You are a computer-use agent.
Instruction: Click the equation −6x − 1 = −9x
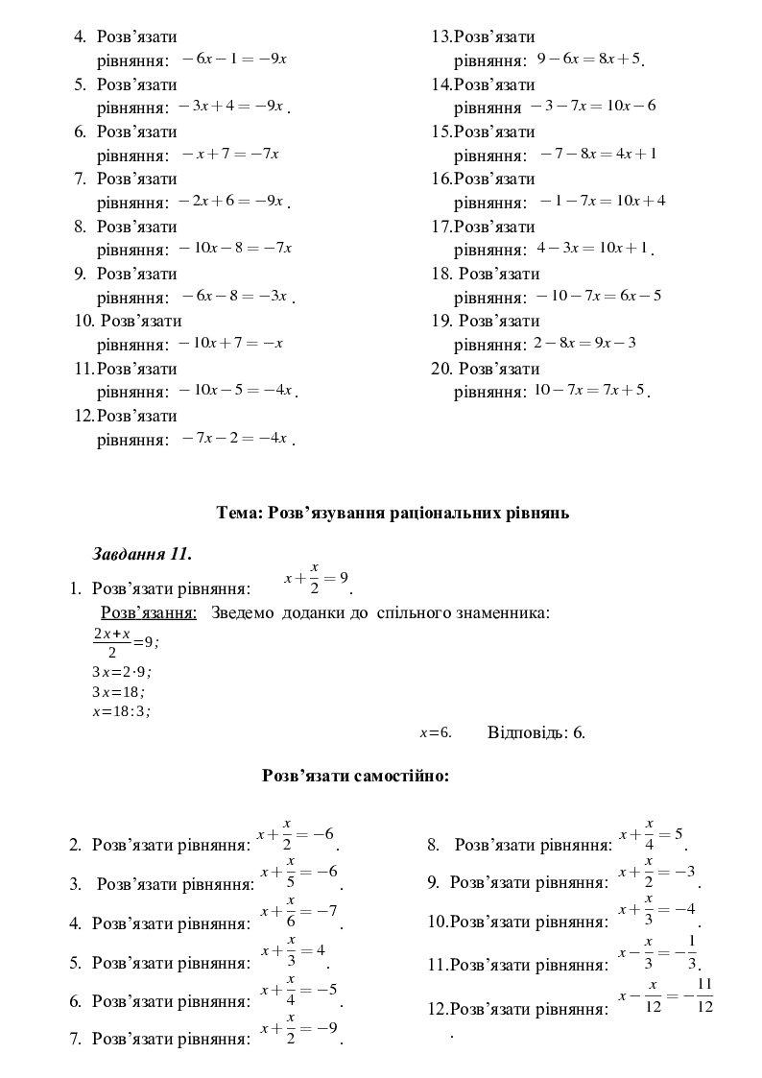234,59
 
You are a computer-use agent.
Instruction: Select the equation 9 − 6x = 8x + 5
588,59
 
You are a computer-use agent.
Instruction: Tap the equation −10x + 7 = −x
231,343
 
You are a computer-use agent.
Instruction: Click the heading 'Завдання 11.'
142,554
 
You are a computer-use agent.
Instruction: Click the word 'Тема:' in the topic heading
240,513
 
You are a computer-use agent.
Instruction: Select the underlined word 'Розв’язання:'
149,612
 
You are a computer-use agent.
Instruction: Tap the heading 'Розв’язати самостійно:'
355,776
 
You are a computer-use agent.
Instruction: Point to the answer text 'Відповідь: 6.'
536,732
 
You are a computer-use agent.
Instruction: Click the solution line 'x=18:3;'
121,711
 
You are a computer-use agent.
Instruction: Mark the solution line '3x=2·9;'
122,672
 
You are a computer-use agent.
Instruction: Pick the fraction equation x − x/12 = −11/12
666,995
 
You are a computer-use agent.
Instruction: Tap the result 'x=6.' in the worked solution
435,732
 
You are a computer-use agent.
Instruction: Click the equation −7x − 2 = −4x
234,438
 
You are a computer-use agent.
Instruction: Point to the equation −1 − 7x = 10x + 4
602,201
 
